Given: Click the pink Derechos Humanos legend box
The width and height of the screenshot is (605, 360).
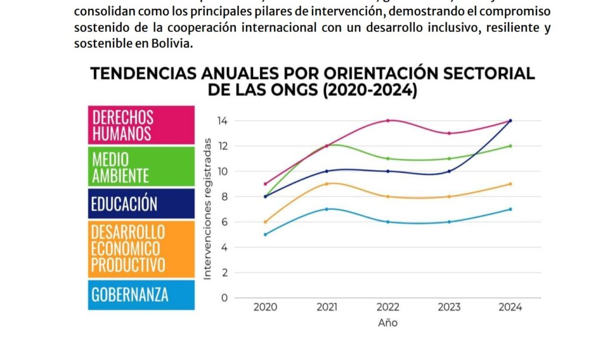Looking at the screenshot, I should (x=141, y=125).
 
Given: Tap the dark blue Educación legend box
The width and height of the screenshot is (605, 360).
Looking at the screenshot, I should (x=141, y=204).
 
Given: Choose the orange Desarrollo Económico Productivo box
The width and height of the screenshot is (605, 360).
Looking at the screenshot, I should (x=141, y=248).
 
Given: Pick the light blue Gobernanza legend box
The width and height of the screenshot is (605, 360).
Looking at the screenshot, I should (x=141, y=294).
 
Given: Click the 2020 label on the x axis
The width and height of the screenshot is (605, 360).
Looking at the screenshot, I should (x=265, y=307).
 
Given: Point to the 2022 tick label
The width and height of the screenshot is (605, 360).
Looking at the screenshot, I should (x=388, y=307).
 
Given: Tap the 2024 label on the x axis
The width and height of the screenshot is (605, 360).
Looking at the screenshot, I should (x=510, y=307).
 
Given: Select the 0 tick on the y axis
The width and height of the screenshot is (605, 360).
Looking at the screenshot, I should (x=224, y=298).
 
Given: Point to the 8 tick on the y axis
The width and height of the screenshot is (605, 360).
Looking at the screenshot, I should (x=224, y=197).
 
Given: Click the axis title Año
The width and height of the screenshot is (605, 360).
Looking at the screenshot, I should (x=388, y=323).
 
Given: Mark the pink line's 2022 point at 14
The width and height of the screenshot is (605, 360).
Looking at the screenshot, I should (x=388, y=121).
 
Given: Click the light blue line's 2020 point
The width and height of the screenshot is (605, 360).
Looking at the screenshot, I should (x=265, y=235).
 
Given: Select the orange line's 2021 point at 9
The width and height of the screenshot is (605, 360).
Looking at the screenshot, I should (x=327, y=184).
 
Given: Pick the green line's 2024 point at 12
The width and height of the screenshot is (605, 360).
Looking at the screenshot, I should (x=510, y=146).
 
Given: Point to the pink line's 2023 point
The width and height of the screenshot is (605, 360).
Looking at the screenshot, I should (x=449, y=133).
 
